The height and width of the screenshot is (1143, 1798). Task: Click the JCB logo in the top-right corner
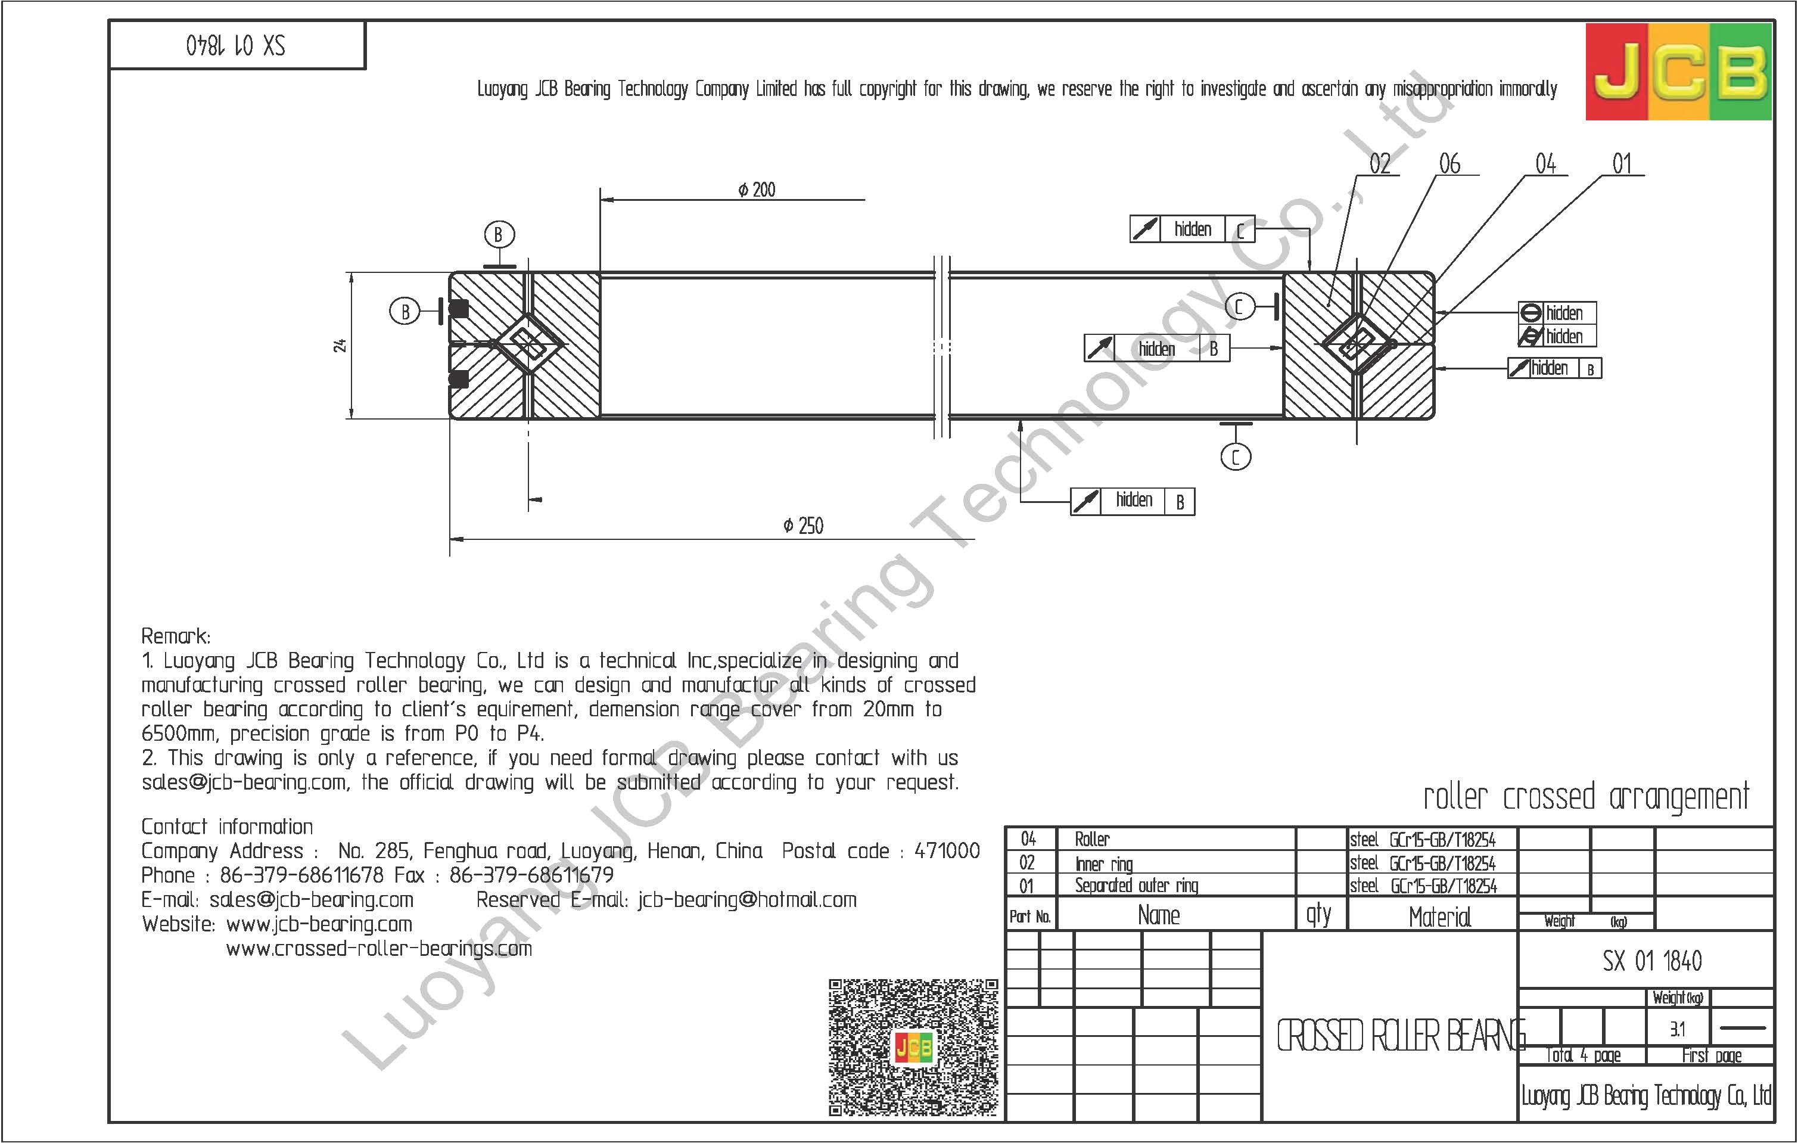click(1678, 72)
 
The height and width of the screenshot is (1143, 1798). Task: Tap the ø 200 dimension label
click(757, 190)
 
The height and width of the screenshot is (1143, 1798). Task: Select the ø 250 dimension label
click(804, 526)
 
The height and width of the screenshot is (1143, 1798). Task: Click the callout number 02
click(1380, 164)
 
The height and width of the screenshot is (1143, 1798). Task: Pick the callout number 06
click(1450, 164)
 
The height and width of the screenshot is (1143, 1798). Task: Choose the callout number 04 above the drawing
click(1545, 164)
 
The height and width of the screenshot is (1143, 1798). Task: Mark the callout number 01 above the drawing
click(1622, 164)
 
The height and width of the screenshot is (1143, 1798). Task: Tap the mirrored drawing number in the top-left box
click(236, 46)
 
